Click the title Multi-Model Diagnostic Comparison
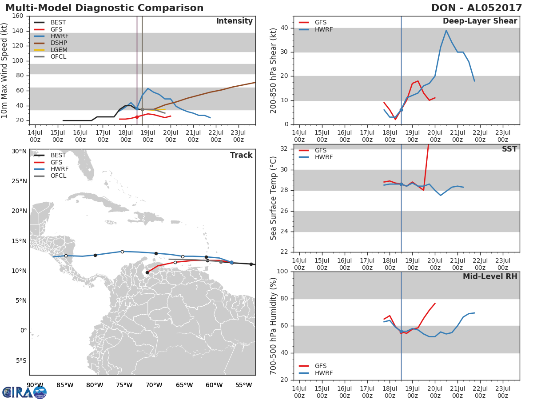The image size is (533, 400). [x=104, y=8]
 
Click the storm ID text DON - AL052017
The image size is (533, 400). [x=477, y=8]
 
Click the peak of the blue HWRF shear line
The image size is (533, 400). [x=446, y=30]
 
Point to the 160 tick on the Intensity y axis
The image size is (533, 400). [x=18, y=16]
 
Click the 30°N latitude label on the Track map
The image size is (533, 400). [x=19, y=151]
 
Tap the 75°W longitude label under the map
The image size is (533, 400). [x=124, y=385]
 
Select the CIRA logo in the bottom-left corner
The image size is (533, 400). [x=24, y=392]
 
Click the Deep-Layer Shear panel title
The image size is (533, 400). [x=480, y=21]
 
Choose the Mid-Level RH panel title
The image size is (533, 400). [x=490, y=276]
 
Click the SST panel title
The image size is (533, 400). [x=509, y=148]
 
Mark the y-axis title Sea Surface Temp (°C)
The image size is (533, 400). [x=273, y=198]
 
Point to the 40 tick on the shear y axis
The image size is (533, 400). [x=284, y=28]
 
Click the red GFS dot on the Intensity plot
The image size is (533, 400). [x=137, y=117]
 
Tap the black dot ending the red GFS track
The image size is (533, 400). [x=147, y=272]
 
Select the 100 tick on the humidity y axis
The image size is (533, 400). [x=282, y=271]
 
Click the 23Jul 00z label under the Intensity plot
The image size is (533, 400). [x=239, y=136]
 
